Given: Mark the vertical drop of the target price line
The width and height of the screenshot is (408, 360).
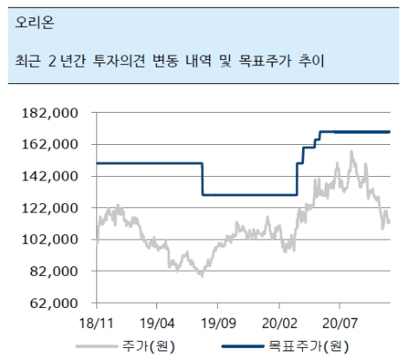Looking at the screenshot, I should (202, 179).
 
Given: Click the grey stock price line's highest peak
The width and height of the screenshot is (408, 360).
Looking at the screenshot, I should (352, 152).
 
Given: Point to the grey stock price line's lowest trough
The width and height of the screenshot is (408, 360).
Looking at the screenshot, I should (201, 275).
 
